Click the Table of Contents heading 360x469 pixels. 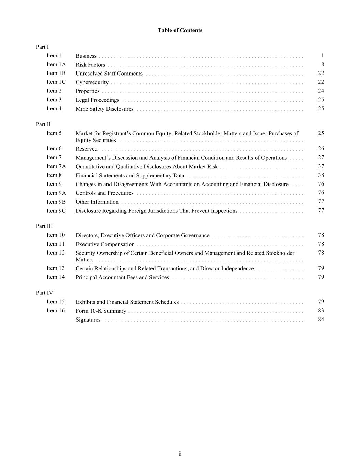point(180,30)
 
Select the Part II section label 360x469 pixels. point(43,124)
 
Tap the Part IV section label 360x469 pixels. point(44,293)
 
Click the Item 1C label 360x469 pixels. point(56,82)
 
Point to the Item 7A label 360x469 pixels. point(56,166)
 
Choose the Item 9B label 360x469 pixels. point(56,202)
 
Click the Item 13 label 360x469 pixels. point(55,268)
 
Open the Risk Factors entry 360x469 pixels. point(90,65)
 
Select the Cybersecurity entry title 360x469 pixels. point(92,82)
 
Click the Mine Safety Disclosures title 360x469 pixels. point(104,109)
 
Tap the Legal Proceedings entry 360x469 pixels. point(97,100)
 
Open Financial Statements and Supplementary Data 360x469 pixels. point(130,176)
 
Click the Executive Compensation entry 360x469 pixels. point(105,244)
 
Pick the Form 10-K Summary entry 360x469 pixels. point(101,311)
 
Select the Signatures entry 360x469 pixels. point(88,320)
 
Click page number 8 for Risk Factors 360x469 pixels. point(322,64)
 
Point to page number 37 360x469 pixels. point(321,166)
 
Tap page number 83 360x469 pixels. point(321,310)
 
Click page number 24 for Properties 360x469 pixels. point(321,91)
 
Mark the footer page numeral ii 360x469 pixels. point(180,454)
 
